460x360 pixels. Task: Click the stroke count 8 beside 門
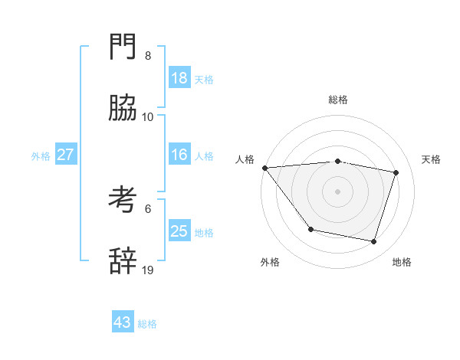click(148, 56)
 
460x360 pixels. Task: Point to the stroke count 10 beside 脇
click(148, 117)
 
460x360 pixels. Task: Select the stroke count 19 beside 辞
click(148, 270)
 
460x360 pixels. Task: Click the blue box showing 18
click(179, 78)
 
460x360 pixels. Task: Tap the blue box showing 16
click(179, 155)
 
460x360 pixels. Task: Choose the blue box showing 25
click(179, 231)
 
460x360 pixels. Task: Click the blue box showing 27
click(66, 155)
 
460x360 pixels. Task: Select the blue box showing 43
click(123, 322)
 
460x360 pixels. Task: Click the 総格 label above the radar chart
click(338, 100)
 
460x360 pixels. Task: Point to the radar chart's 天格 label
click(431, 159)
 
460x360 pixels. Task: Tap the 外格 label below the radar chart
click(269, 263)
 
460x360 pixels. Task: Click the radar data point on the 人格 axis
click(264, 168)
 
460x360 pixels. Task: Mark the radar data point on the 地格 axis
click(373, 242)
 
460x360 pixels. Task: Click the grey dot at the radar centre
click(337, 191)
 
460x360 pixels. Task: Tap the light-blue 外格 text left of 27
click(41, 156)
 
